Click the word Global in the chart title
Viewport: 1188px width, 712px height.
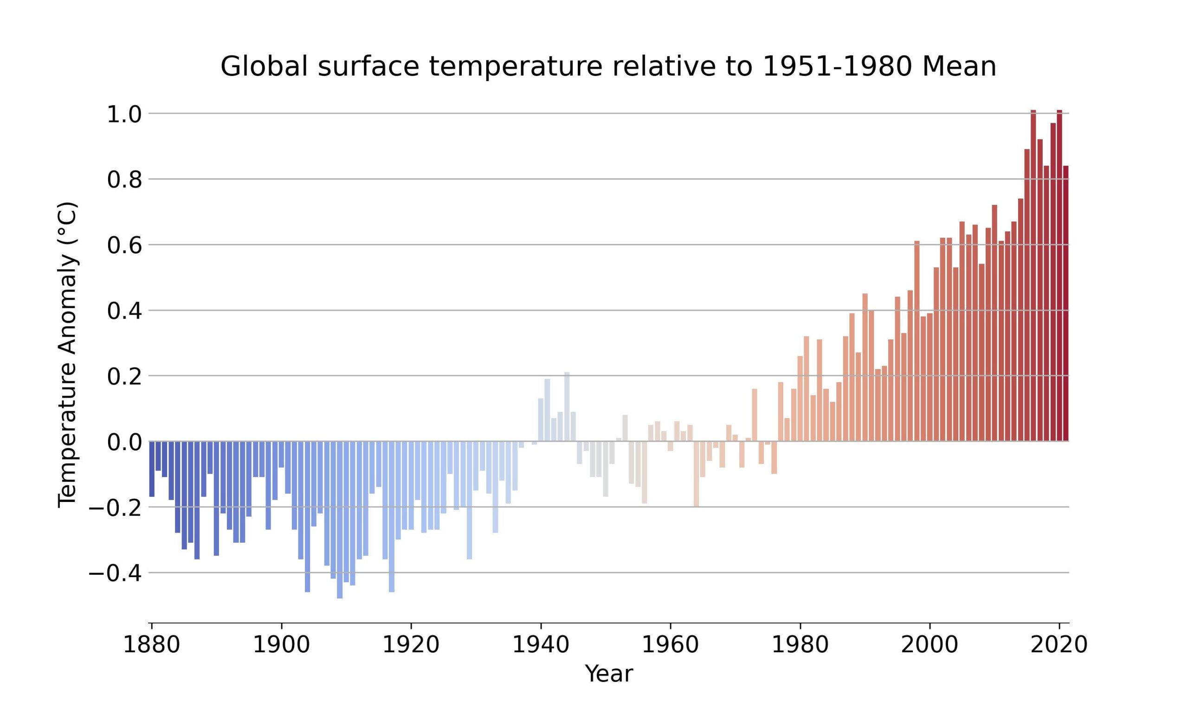(x=264, y=66)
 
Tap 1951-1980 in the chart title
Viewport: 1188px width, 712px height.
(x=837, y=66)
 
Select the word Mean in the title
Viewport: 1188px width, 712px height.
(x=959, y=66)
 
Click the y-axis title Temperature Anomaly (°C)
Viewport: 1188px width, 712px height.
(x=67, y=355)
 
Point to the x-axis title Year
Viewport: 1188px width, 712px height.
(x=608, y=674)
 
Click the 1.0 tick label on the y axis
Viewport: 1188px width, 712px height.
(x=124, y=114)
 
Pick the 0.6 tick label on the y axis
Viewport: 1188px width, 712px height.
(x=124, y=246)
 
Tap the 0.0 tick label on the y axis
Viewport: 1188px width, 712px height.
(x=124, y=442)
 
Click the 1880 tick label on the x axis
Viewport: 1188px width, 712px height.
(x=151, y=644)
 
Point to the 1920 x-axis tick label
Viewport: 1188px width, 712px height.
(x=411, y=644)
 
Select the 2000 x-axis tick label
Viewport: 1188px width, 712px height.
(x=929, y=644)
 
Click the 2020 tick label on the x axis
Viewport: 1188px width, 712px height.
(x=1059, y=644)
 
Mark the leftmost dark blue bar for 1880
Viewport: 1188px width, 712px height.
(x=152, y=468)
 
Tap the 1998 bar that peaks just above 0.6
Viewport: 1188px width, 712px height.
(x=917, y=341)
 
